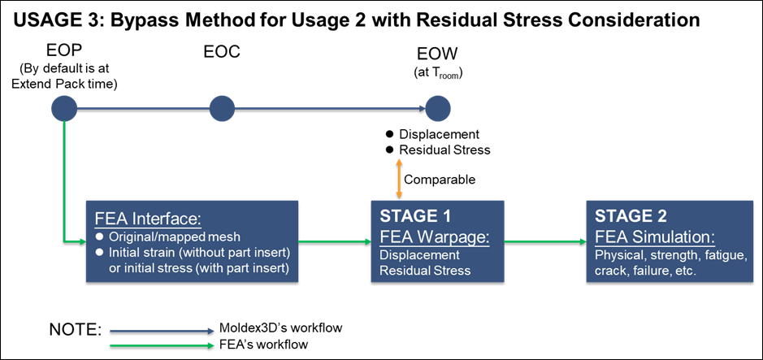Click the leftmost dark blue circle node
coord(64,108)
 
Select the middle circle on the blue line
coord(222,108)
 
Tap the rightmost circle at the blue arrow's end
coord(437,108)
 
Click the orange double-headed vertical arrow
coord(399,178)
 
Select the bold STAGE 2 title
coord(631,216)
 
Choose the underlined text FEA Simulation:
coord(654,236)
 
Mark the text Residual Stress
coord(425,271)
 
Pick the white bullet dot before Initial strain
coord(100,252)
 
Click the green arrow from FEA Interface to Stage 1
coord(334,241)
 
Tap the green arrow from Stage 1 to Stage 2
coord(544,241)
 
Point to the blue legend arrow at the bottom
coord(162,331)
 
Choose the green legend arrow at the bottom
coord(162,345)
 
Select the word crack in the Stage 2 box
coord(610,271)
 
